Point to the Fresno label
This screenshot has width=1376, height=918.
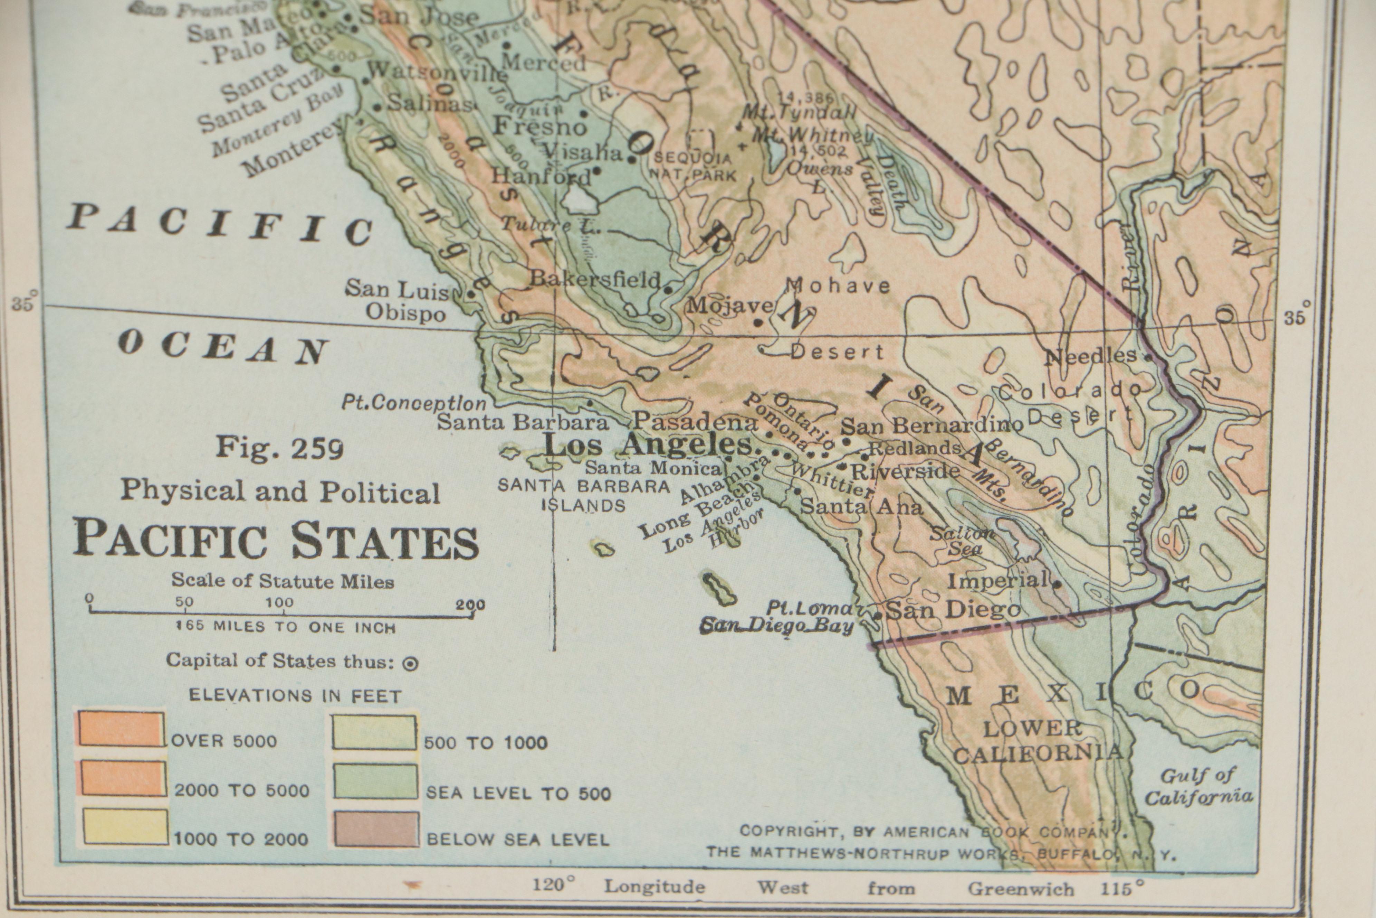539,126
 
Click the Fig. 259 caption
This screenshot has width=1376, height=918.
280,449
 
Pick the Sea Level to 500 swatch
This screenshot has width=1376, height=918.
375,781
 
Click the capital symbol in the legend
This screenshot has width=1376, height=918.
411,663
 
